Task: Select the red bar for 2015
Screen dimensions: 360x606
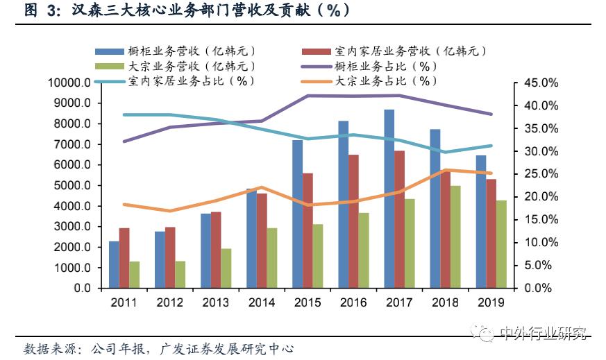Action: pyautogui.click(x=308, y=230)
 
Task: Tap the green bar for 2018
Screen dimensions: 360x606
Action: pyautogui.click(x=455, y=237)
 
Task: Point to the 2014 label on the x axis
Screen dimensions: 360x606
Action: pyautogui.click(x=261, y=302)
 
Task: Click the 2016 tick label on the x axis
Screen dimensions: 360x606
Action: pyautogui.click(x=353, y=302)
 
